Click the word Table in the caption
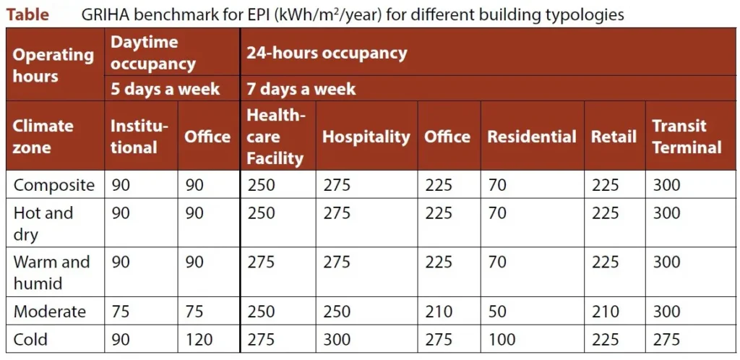(27, 14)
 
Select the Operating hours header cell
(53, 65)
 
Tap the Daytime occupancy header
(152, 53)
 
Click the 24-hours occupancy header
(327, 53)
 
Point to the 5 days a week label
(165, 89)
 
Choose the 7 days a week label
(301, 89)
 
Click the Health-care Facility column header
(276, 137)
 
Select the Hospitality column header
(366, 137)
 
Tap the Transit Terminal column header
(687, 137)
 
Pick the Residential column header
(532, 137)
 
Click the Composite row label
(54, 185)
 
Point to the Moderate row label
(50, 312)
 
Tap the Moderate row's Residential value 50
(496, 312)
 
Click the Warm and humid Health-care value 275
(261, 262)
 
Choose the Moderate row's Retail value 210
(605, 312)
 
